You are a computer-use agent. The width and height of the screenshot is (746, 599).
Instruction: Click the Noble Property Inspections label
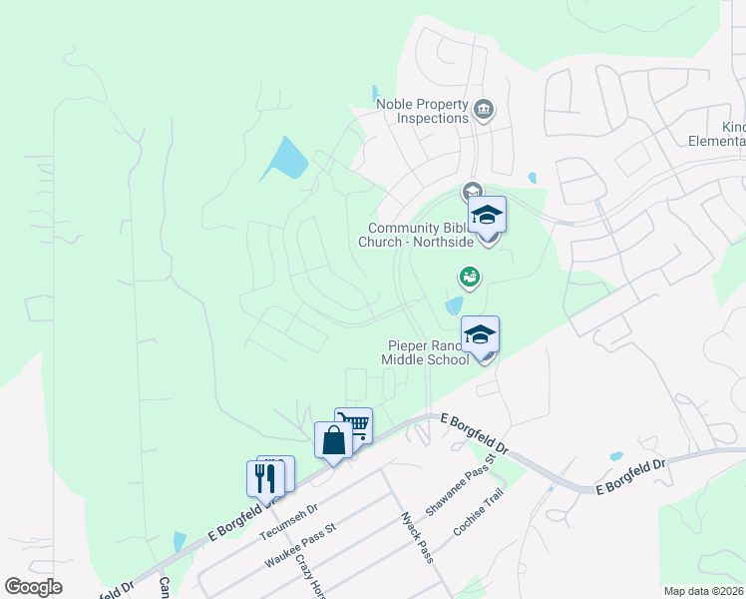421,111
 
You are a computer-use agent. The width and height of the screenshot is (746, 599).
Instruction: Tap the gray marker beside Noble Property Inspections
484,109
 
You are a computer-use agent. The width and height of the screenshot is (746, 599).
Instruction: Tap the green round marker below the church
469,276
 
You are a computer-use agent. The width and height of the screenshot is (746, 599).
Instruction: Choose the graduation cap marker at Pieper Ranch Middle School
480,336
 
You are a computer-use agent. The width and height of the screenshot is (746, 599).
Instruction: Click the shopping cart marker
354,426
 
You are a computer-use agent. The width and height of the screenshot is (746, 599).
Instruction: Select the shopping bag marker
332,441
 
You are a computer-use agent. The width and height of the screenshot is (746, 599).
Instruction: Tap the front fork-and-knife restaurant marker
264,479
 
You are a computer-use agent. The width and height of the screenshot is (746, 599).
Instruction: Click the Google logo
33,587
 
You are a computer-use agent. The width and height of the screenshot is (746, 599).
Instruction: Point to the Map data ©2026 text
703,591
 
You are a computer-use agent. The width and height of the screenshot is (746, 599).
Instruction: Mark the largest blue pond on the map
285,160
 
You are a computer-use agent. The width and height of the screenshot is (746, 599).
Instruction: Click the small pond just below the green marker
454,304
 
